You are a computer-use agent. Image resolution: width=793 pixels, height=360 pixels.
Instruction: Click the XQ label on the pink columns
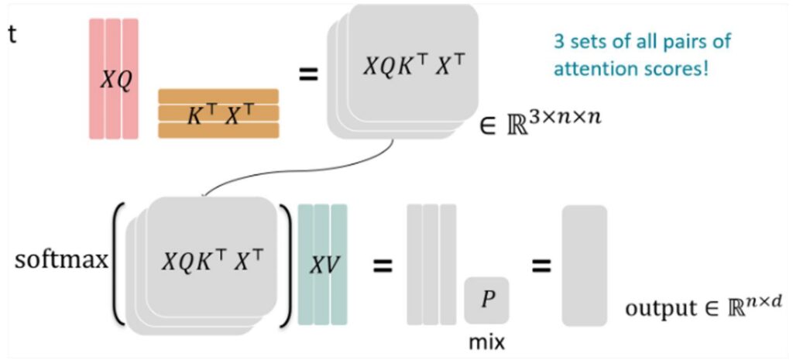point(114,78)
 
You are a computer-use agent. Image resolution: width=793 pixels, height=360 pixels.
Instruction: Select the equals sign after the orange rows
point(309,78)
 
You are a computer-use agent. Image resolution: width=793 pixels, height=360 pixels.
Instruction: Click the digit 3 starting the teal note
point(556,42)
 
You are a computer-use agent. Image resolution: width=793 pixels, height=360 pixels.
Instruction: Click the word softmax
point(60,260)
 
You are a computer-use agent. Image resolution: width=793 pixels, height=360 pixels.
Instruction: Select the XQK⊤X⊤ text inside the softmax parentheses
point(209,261)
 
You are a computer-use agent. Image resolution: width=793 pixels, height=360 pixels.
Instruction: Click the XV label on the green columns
point(321,263)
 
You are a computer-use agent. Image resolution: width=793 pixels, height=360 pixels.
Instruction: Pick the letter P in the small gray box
point(486,300)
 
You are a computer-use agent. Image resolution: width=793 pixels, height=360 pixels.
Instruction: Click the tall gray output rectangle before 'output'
point(584,265)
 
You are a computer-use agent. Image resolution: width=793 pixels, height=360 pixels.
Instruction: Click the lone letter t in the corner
point(11,36)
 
